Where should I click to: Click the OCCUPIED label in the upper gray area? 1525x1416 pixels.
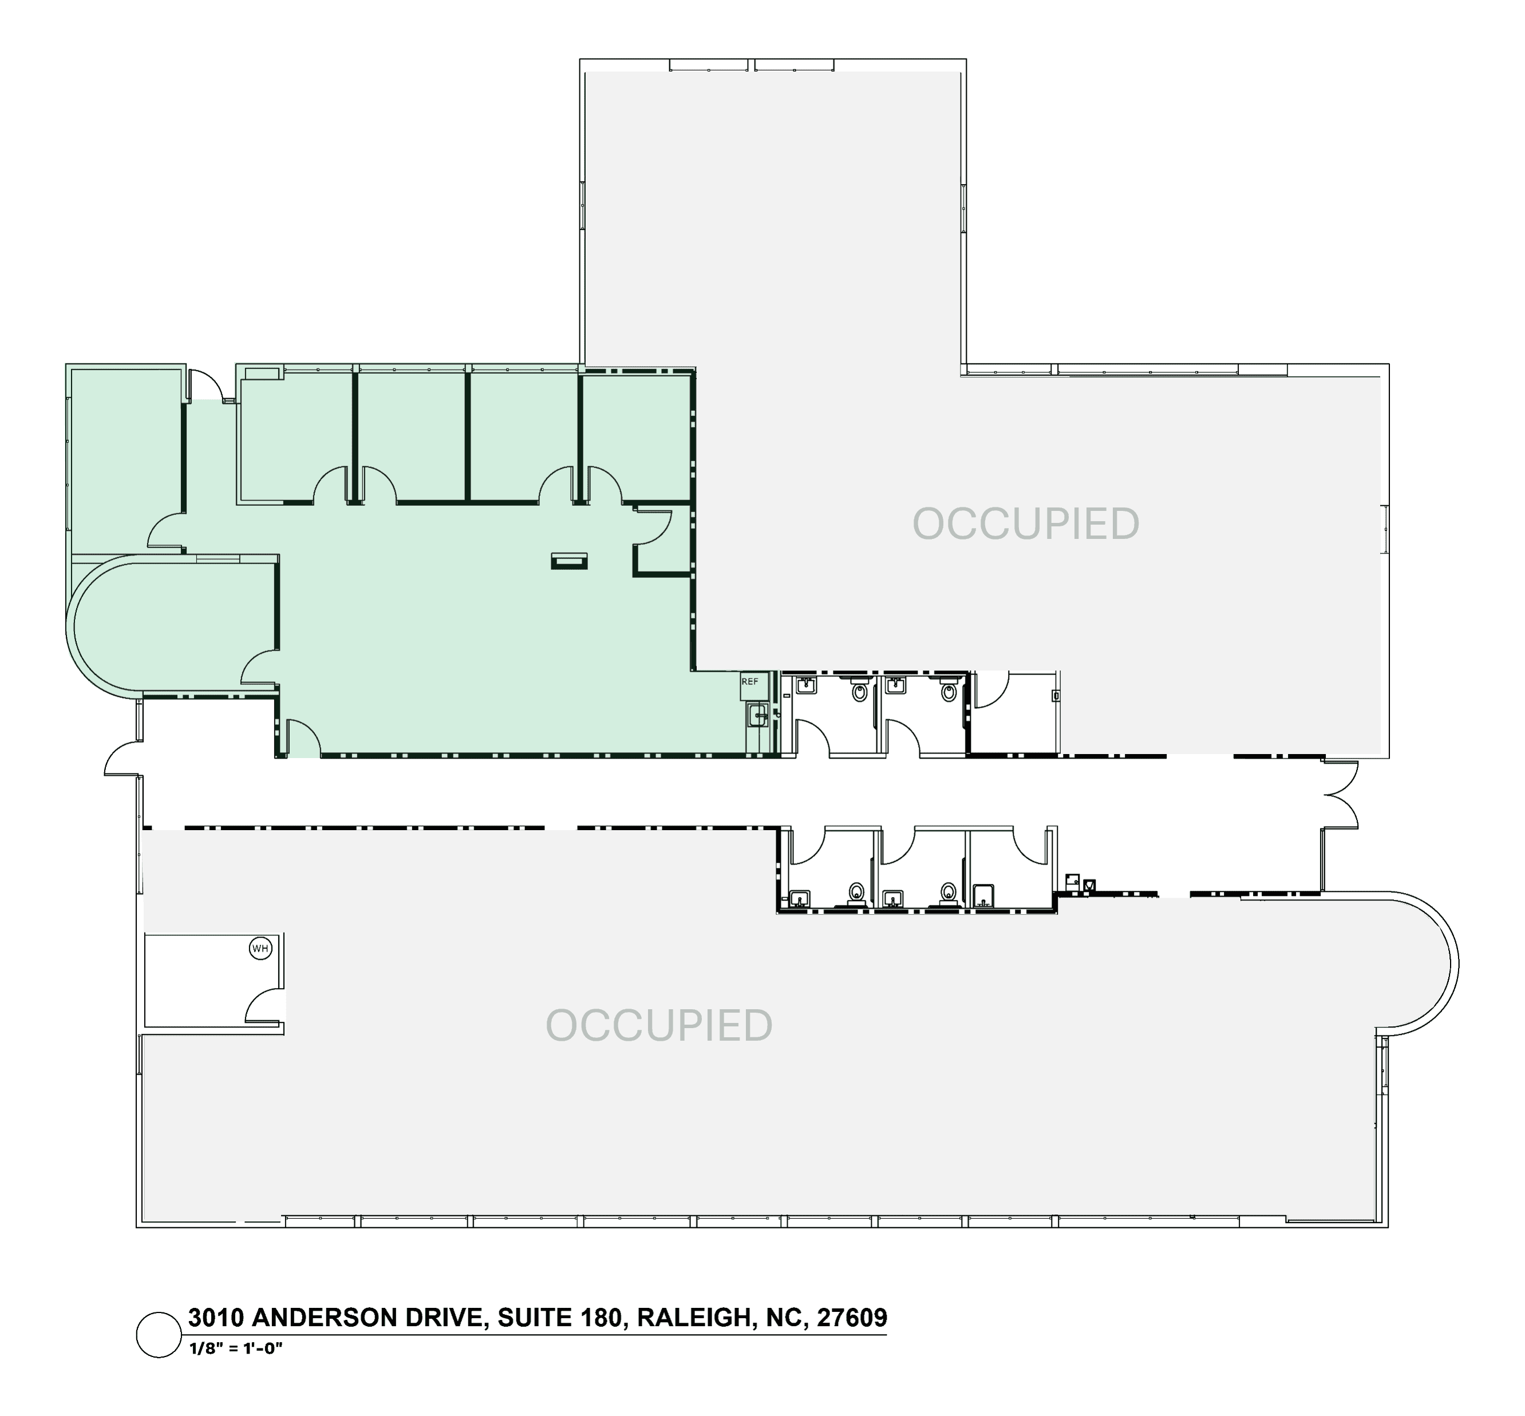1025,524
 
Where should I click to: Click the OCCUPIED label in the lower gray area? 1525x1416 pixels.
659,1026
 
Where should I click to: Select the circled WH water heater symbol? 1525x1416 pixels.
260,949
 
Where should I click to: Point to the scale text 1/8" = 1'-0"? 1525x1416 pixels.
236,1348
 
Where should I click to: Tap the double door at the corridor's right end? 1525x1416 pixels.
1341,795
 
